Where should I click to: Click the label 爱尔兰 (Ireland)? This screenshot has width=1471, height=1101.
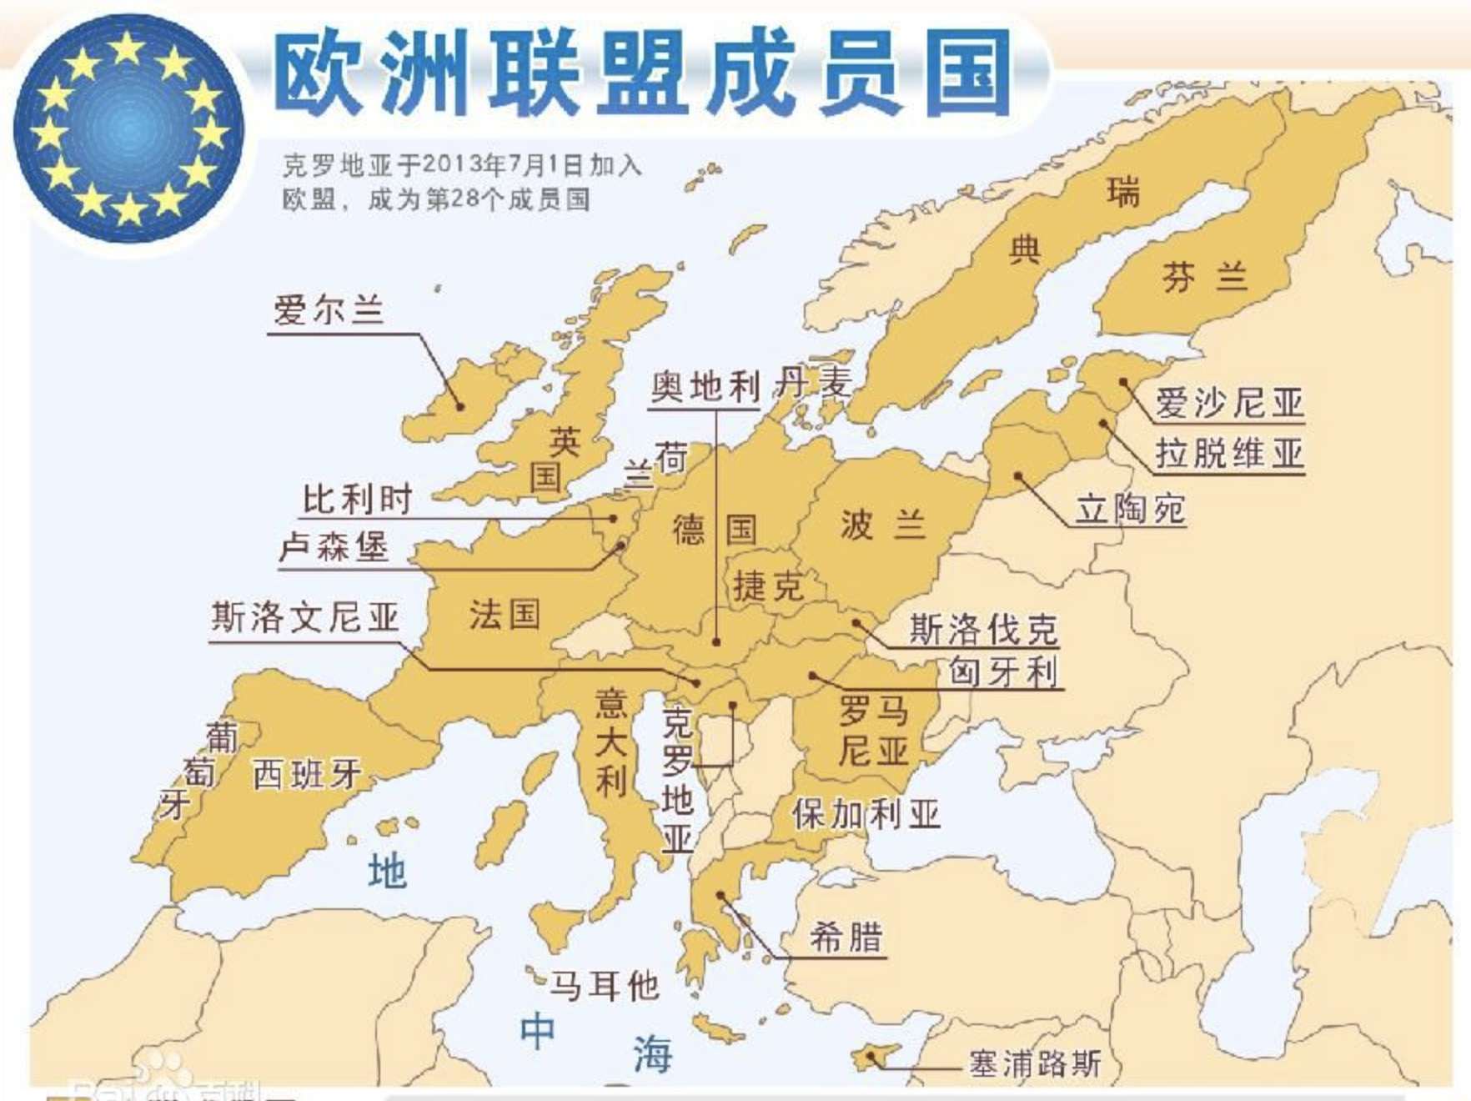pyautogui.click(x=329, y=310)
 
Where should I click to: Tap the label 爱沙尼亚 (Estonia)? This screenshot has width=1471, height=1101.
pyautogui.click(x=1228, y=403)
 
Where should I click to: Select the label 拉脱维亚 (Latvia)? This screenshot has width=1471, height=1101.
pyautogui.click(x=1228, y=454)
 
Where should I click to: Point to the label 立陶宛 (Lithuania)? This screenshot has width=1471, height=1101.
pyautogui.click(x=1130, y=508)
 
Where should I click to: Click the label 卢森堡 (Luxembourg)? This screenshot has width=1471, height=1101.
pyautogui.click(x=334, y=547)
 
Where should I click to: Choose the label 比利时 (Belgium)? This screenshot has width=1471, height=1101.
pyautogui.click(x=357, y=500)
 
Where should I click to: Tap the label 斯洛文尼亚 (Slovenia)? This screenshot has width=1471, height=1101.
pyautogui.click(x=304, y=618)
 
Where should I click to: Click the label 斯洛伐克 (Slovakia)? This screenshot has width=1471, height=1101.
pyautogui.click(x=982, y=629)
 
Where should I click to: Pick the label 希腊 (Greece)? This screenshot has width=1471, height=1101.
pyautogui.click(x=846, y=938)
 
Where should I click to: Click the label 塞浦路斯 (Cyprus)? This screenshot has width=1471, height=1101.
pyautogui.click(x=1034, y=1063)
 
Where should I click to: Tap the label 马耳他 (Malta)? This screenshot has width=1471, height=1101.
pyautogui.click(x=604, y=987)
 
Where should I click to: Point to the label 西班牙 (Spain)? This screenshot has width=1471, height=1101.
pyautogui.click(x=306, y=774)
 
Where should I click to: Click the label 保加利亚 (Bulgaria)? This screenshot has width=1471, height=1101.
pyautogui.click(x=866, y=813)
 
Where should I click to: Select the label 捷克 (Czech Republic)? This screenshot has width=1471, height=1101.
pyautogui.click(x=768, y=586)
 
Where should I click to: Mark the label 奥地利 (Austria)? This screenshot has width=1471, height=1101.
pyautogui.click(x=705, y=386)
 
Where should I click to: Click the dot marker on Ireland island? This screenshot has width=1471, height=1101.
pyautogui.click(x=459, y=406)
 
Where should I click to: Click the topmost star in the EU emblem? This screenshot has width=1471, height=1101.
pyautogui.click(x=128, y=48)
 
